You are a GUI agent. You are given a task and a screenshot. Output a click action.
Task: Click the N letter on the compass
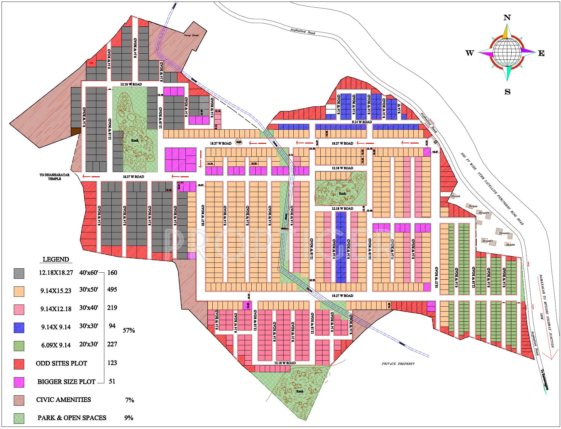click(507, 18)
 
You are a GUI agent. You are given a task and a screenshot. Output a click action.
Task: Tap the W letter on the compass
click(470, 53)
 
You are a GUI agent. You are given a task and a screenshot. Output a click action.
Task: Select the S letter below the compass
click(507, 92)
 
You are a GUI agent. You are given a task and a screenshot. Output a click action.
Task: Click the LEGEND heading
click(56, 259)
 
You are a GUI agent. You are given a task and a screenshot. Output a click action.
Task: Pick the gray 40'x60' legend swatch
click(19, 274)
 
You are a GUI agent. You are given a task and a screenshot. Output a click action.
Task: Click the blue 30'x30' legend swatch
click(19, 327)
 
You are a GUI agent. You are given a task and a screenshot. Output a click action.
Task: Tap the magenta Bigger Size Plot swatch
click(19, 382)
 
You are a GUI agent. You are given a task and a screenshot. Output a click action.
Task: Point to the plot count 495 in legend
click(112, 289)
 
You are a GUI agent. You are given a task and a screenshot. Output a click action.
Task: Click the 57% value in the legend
click(129, 330)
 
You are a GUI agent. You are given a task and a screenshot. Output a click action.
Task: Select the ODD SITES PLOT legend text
click(61, 363)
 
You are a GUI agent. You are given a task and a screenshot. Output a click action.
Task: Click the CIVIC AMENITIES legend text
click(64, 400)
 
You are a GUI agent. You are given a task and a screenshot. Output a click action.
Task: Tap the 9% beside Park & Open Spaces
click(129, 418)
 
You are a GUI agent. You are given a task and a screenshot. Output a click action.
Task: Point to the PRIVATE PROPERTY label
click(398, 364)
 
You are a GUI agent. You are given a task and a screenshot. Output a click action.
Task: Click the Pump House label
click(191, 36)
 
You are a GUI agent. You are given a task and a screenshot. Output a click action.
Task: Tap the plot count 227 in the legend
click(112, 344)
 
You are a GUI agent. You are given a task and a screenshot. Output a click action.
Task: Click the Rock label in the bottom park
click(300, 391)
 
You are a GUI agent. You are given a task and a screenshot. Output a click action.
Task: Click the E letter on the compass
click(541, 53)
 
